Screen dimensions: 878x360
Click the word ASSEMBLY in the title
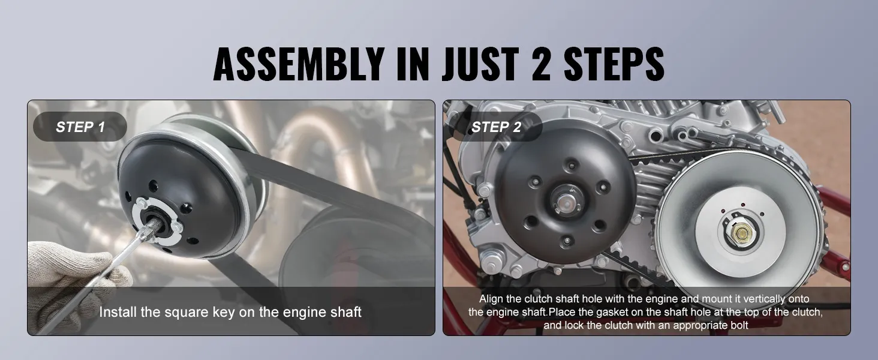click(298, 64)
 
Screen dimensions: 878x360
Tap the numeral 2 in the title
click(542, 64)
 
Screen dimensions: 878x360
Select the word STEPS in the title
click(614, 64)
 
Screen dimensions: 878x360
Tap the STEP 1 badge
click(80, 127)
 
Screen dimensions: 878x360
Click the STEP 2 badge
click(496, 127)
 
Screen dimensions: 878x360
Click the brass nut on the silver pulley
click(741, 234)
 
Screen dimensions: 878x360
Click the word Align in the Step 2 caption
click(491, 299)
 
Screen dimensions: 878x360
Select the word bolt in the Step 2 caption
click(739, 325)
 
